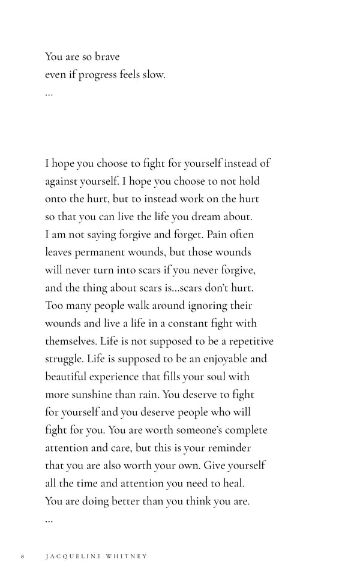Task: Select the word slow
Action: (x=152, y=76)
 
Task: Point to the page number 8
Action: (x=22, y=556)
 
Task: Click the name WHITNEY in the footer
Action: (x=126, y=556)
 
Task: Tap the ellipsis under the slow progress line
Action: (x=49, y=94)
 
